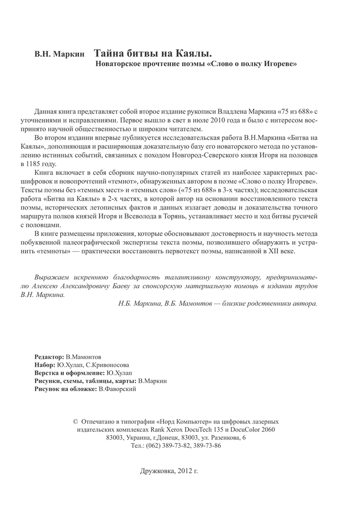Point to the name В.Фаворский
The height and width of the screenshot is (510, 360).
coord(119,389)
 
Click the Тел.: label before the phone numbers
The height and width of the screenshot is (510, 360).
coord(140,445)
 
